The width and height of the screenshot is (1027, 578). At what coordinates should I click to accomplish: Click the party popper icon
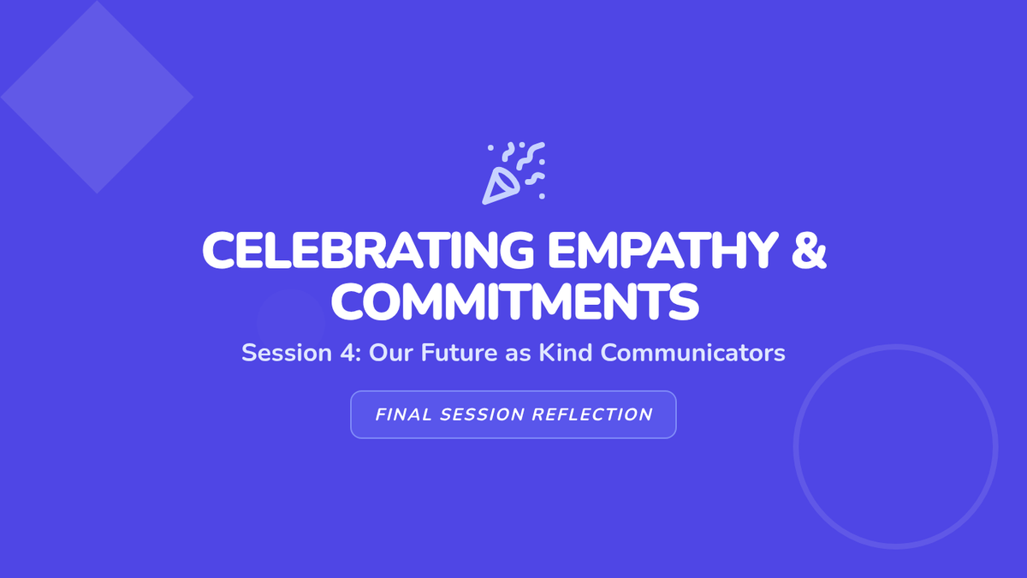(513, 173)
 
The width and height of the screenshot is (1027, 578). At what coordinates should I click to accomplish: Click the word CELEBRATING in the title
(368, 250)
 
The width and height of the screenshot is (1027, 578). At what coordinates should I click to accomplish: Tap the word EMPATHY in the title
(663, 250)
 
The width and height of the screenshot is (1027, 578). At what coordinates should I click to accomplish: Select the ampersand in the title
(810, 250)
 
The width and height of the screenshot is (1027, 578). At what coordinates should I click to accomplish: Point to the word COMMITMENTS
(515, 301)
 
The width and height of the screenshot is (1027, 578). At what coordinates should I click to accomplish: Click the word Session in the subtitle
(287, 353)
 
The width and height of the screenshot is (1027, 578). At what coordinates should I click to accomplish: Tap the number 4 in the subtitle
(351, 353)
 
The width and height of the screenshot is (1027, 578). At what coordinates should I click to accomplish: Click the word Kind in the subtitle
(566, 353)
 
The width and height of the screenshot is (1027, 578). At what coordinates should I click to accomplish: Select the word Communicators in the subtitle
(692, 353)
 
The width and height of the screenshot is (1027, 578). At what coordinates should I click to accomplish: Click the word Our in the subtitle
(391, 353)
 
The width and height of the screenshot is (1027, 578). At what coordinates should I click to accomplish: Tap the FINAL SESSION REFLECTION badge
(513, 414)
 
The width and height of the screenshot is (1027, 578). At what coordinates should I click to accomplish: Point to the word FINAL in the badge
(403, 414)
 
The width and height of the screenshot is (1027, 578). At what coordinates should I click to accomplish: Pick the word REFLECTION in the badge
(592, 414)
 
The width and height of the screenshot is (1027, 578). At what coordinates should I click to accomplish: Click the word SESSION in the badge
(482, 414)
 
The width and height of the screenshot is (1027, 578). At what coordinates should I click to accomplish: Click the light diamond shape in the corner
(97, 97)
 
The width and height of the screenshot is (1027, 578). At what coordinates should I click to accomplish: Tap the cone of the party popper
(501, 186)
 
